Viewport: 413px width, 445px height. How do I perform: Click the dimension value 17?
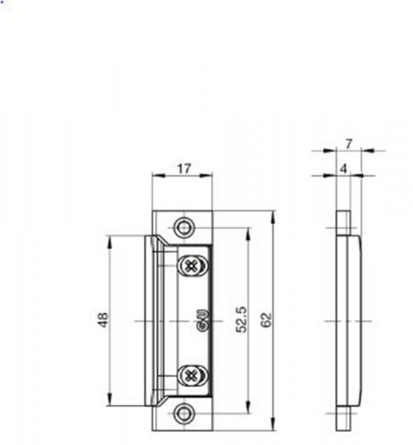pyautogui.click(x=184, y=169)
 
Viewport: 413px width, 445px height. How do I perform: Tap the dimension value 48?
pyautogui.click(x=103, y=320)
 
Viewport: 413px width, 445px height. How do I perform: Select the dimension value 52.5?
pyautogui.click(x=242, y=320)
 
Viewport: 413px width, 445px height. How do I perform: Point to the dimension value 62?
pyautogui.click(x=267, y=320)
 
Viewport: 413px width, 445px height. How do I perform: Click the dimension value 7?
pyautogui.click(x=349, y=144)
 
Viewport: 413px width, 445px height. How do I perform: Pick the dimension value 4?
pyautogui.click(x=344, y=169)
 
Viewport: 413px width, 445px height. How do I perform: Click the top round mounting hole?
pyautogui.click(x=184, y=228)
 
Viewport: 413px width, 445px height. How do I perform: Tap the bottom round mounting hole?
pyautogui.click(x=184, y=413)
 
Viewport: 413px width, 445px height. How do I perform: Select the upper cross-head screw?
pyautogui.click(x=192, y=266)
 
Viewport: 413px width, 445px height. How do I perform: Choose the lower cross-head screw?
pyautogui.click(x=192, y=376)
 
